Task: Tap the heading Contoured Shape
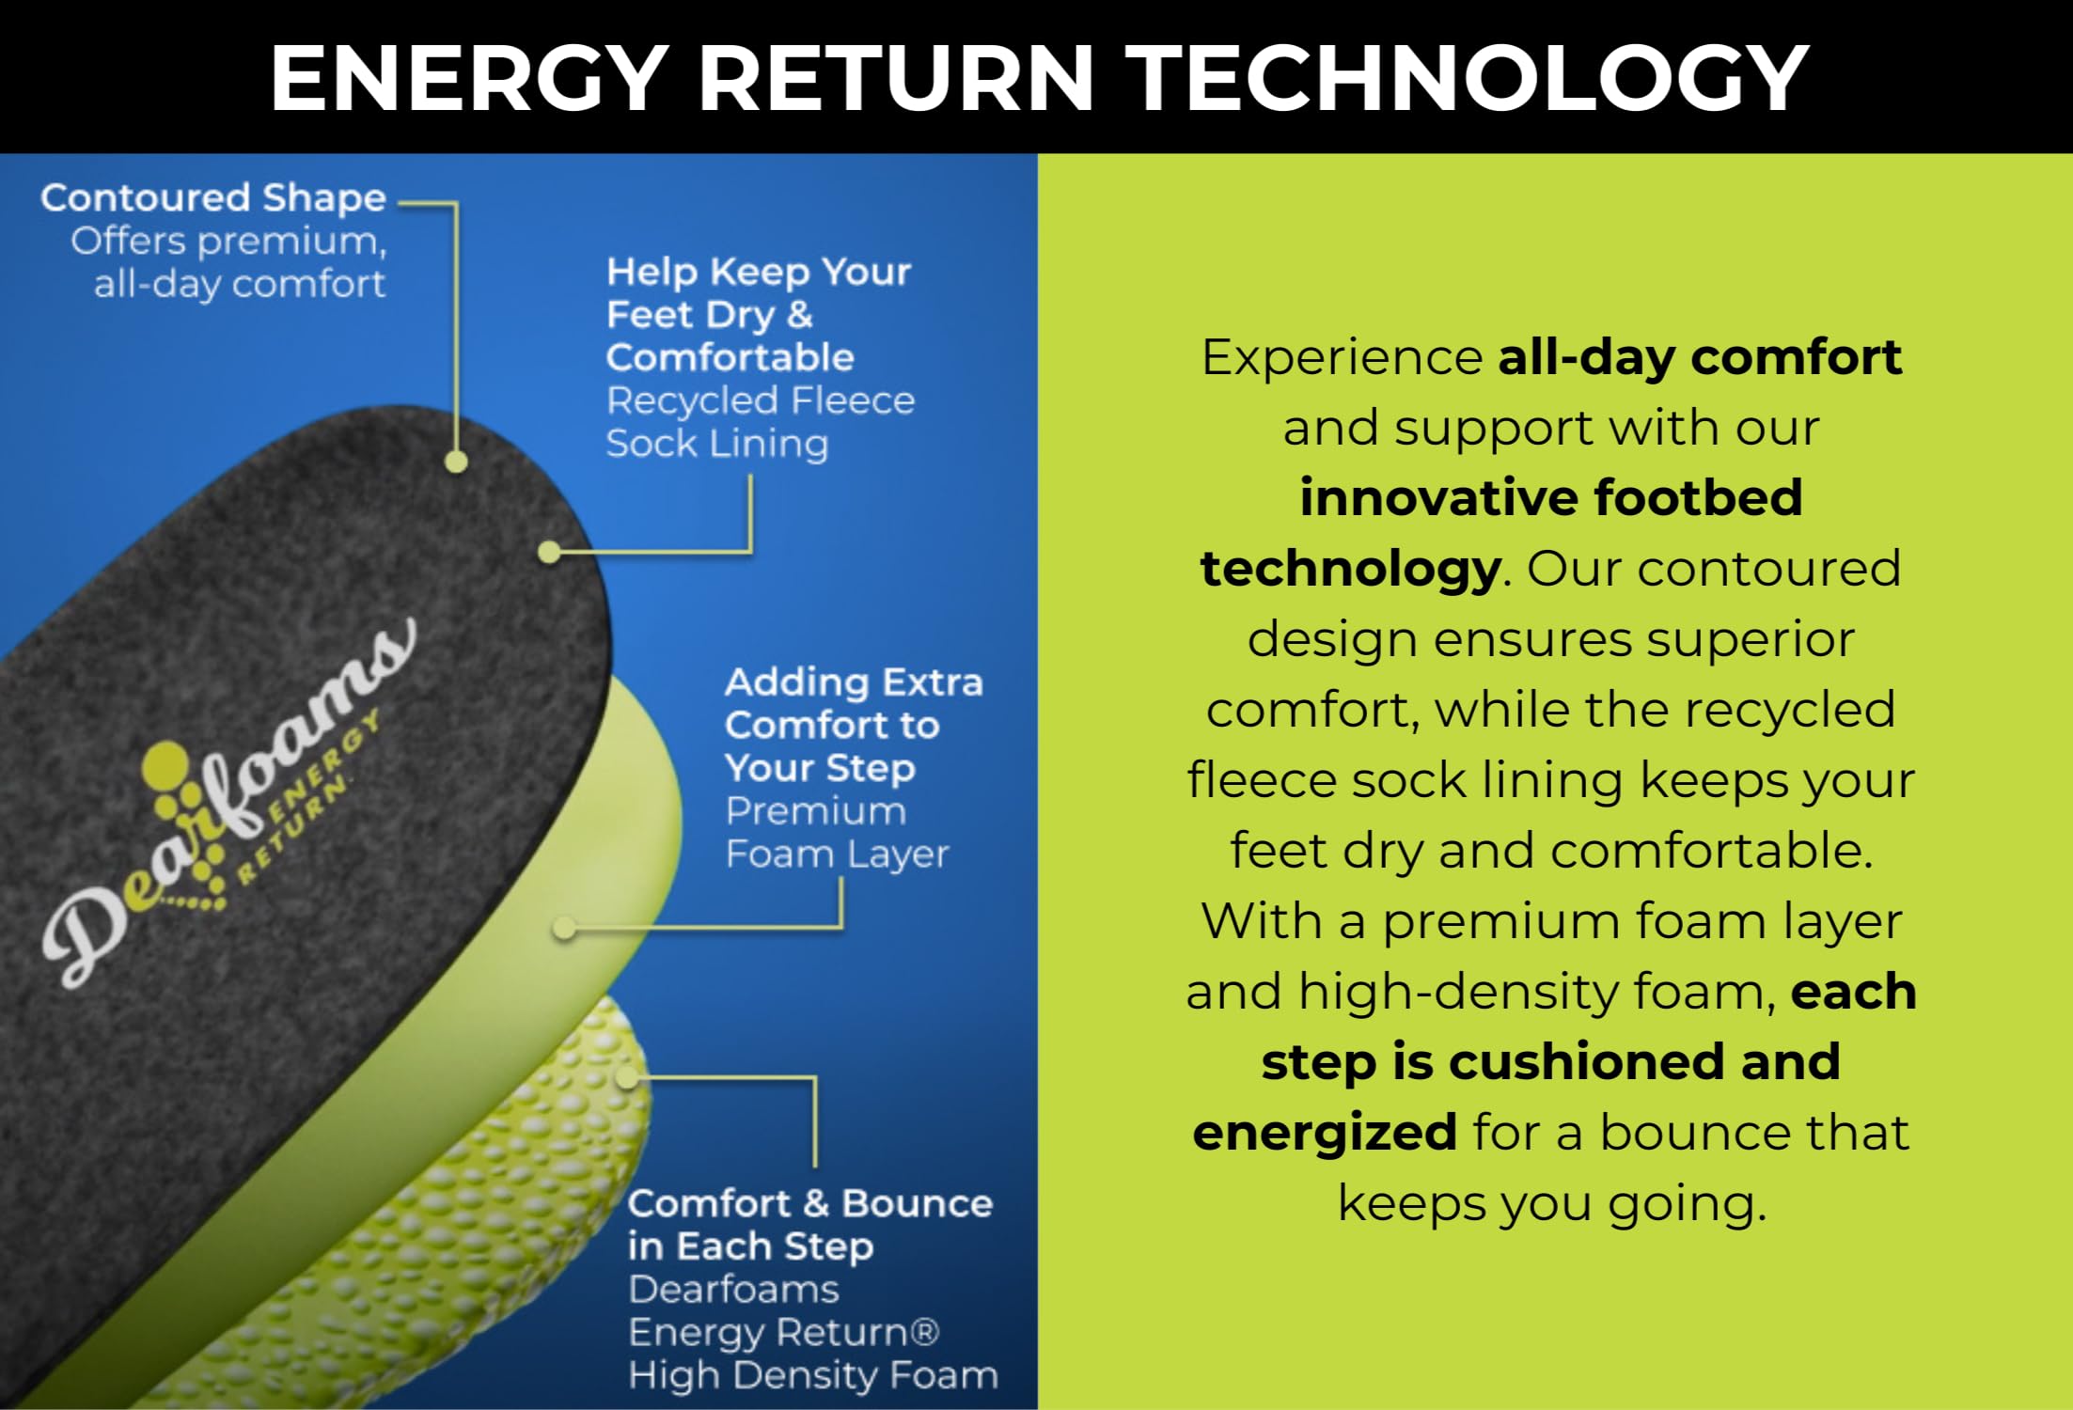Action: click(213, 197)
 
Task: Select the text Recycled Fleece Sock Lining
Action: click(760, 422)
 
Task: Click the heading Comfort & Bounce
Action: click(809, 1203)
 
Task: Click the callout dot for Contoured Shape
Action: click(456, 462)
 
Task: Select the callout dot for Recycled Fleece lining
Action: click(549, 553)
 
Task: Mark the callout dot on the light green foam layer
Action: click(564, 929)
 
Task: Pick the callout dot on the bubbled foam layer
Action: click(627, 1077)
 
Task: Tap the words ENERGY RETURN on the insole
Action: click(310, 799)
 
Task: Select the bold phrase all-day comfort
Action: click(1700, 357)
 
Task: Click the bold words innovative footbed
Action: click(1551, 497)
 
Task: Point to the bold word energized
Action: click(1324, 1132)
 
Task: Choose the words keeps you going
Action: click(1551, 1202)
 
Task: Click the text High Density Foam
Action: click(813, 1375)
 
